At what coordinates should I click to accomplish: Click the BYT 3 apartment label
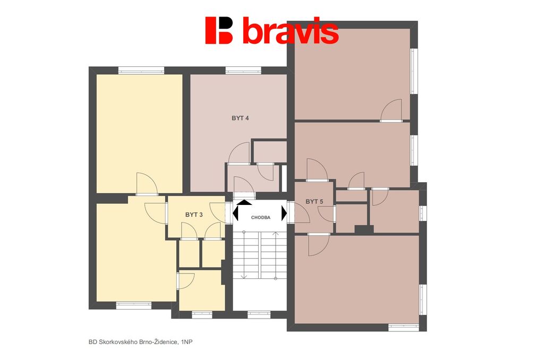tap(194, 215)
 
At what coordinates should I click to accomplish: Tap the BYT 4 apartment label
tap(240, 118)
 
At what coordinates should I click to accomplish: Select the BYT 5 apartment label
tap(314, 201)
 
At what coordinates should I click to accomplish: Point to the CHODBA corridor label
tap(260, 218)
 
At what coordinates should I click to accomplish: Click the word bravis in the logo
tap(291, 30)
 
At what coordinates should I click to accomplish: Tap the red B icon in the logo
tap(218, 30)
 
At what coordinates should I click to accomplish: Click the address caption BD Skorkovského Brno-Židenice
tap(133, 342)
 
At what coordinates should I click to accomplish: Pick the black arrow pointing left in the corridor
tap(235, 212)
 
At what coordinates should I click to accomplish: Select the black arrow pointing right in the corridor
tap(284, 213)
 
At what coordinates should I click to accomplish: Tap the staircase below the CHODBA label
tap(260, 255)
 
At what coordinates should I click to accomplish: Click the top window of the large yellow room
tap(141, 71)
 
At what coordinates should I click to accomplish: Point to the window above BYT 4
tap(243, 71)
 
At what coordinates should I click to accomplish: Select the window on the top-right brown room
tap(414, 71)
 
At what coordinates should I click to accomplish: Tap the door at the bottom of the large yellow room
tap(147, 184)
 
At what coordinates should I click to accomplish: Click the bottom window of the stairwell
tap(259, 314)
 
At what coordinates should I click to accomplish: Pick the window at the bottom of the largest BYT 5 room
tap(404, 328)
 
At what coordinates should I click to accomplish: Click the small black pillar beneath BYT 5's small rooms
tap(364, 229)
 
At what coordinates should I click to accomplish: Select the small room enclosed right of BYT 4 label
tap(269, 151)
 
